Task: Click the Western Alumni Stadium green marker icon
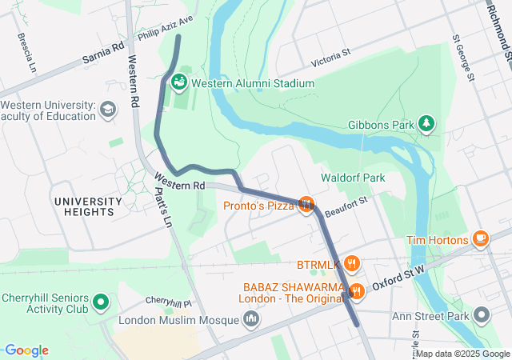tap(180, 82)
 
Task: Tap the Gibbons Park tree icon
tap(429, 123)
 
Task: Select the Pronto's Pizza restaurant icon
tap(305, 205)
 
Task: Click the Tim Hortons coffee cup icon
tap(481, 238)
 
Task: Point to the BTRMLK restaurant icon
tap(353, 263)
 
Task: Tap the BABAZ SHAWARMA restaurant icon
tap(357, 291)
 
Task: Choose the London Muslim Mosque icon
tap(252, 320)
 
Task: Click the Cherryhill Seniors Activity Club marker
tap(101, 302)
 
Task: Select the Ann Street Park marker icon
tap(482, 315)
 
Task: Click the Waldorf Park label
tap(353, 178)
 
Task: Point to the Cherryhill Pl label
tap(169, 302)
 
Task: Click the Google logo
tap(26, 350)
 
